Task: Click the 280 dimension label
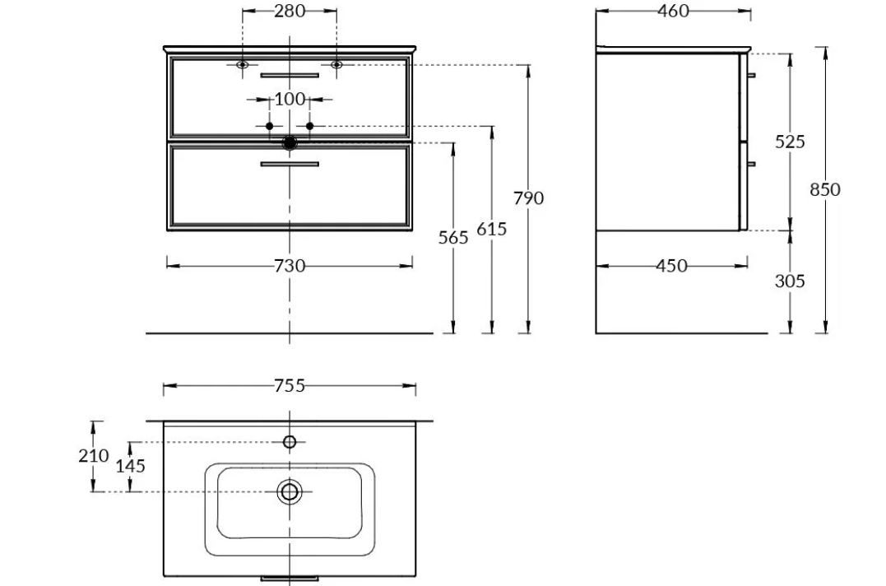[290, 11]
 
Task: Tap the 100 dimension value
[290, 100]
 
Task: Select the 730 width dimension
[290, 266]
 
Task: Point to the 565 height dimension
[453, 237]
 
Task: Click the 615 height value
[492, 229]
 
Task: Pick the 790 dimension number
[529, 198]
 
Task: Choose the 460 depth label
[674, 11]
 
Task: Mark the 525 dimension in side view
[790, 142]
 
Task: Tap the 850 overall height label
[825, 189]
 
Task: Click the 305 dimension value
[790, 281]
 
